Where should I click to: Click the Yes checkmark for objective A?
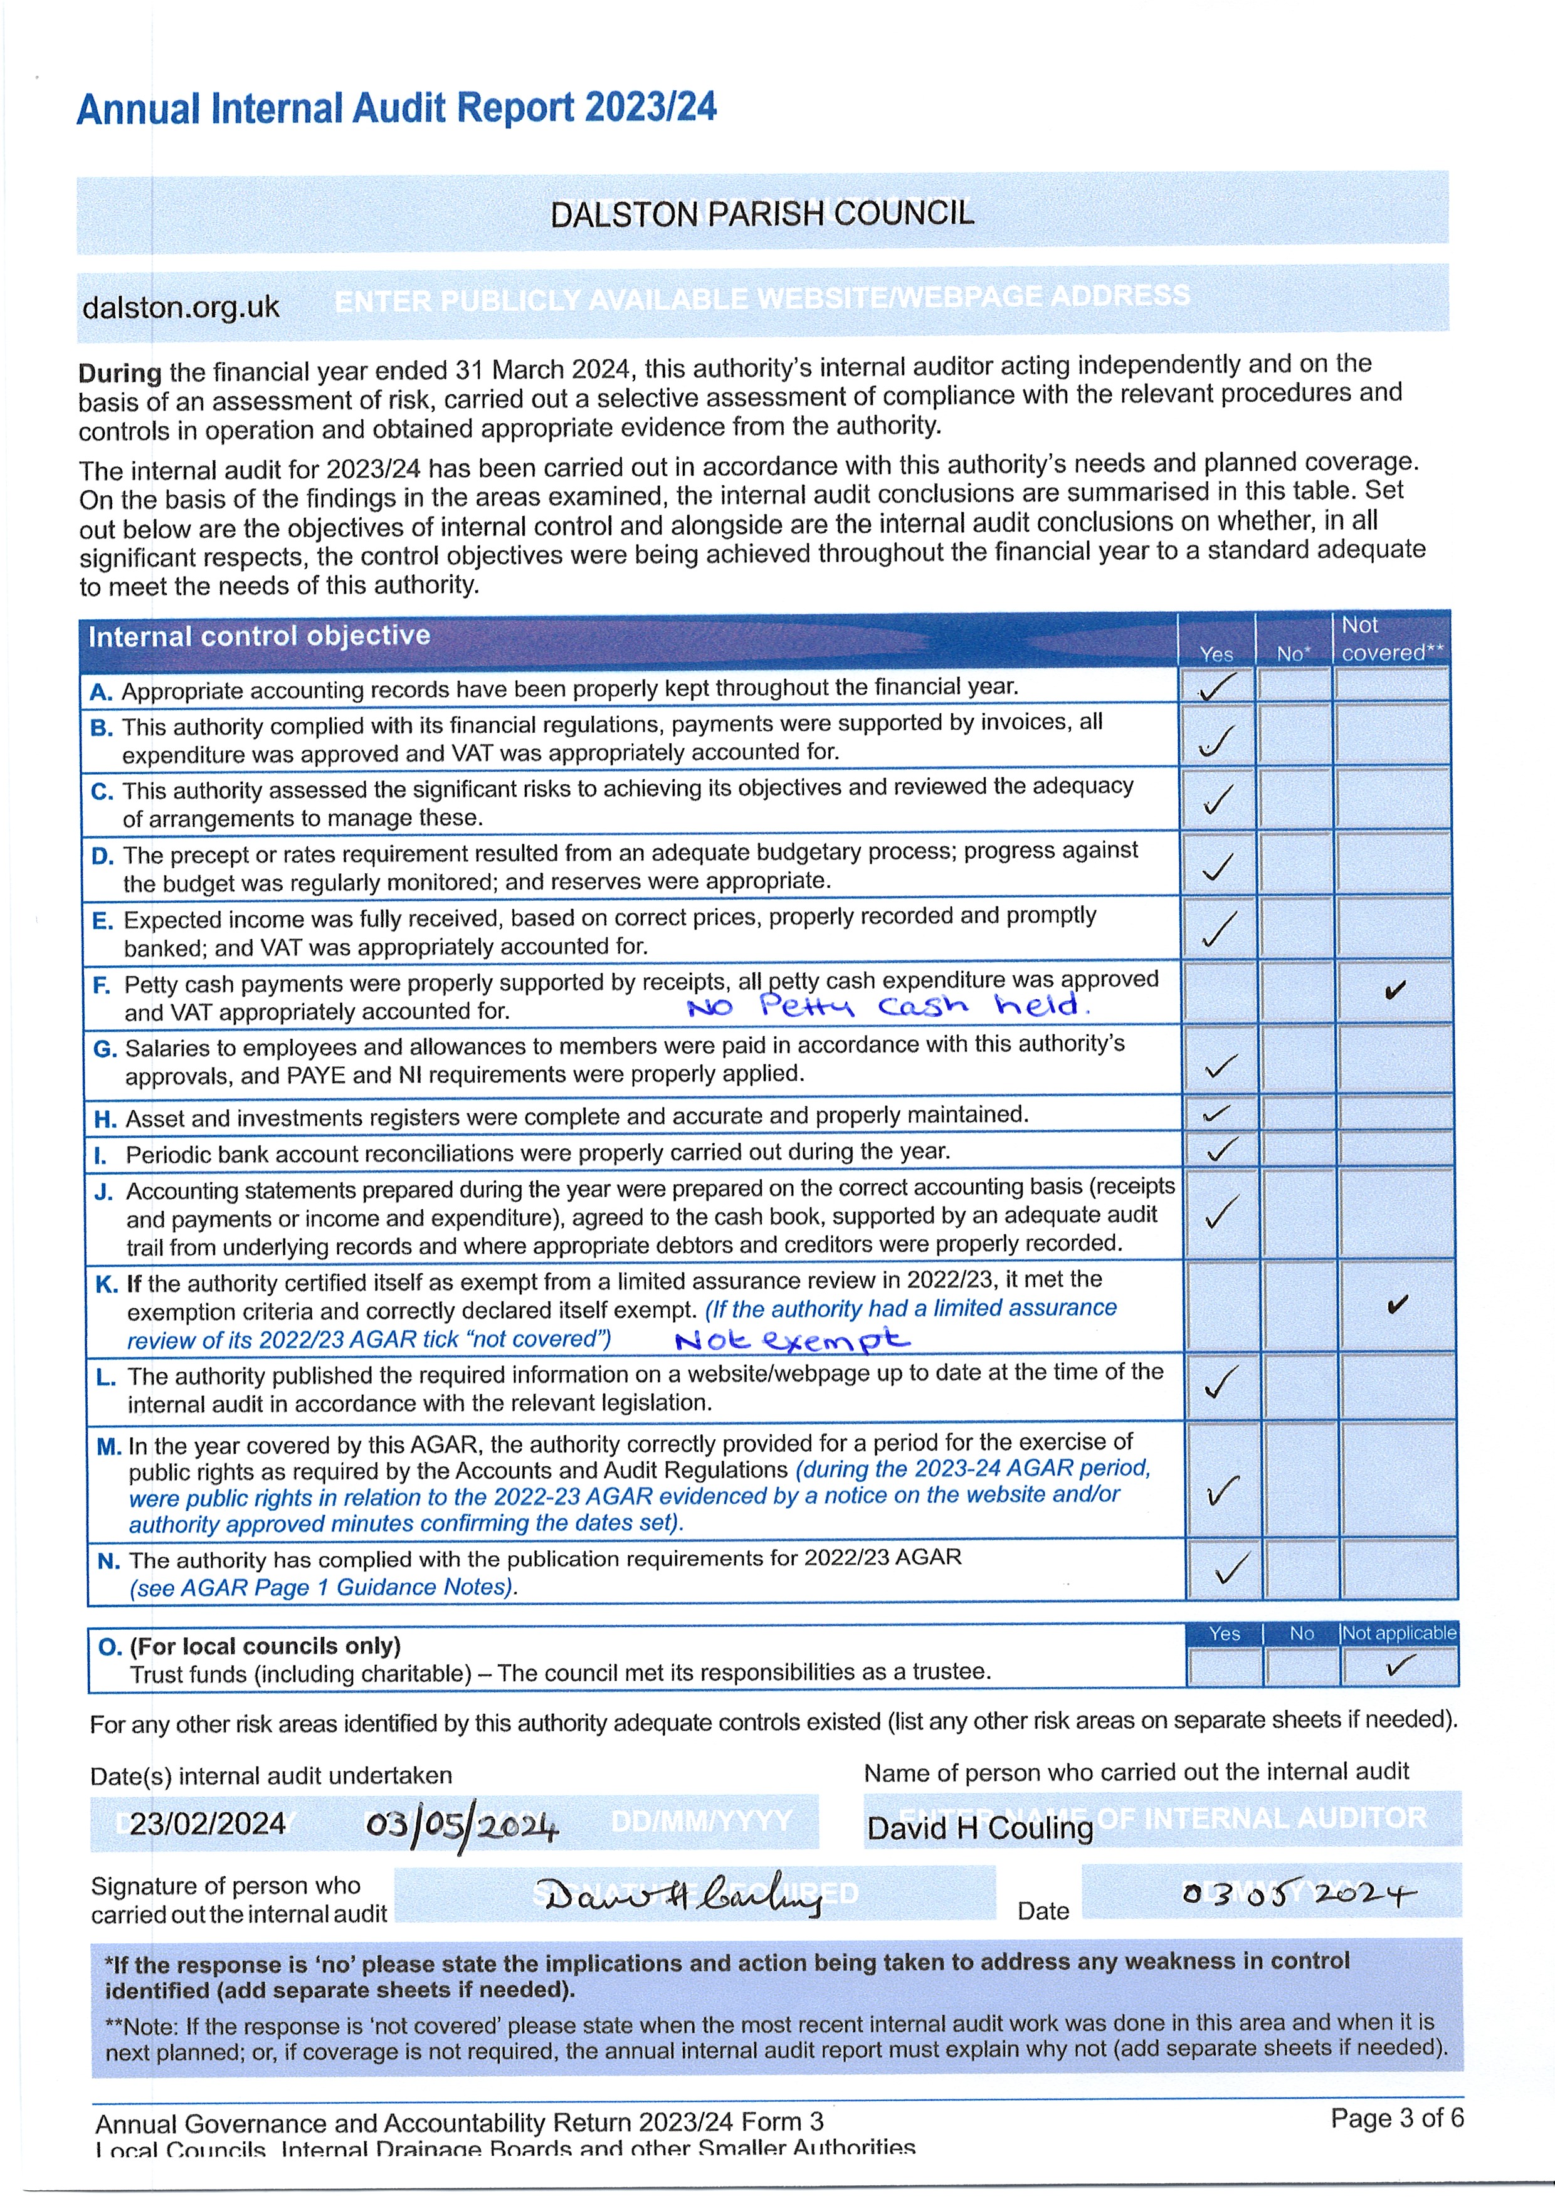tap(1217, 686)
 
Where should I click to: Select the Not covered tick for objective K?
tap(1397, 1304)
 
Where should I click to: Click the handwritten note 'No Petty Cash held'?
tap(887, 1005)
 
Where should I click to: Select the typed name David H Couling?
tap(979, 1827)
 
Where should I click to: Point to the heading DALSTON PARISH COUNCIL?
tap(762, 213)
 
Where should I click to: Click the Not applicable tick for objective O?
tap(1400, 1667)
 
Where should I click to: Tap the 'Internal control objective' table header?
tap(259, 636)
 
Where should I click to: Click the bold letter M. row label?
tap(108, 1446)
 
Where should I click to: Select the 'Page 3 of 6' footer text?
tap(1396, 2118)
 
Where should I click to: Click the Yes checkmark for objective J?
tap(1221, 1212)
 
